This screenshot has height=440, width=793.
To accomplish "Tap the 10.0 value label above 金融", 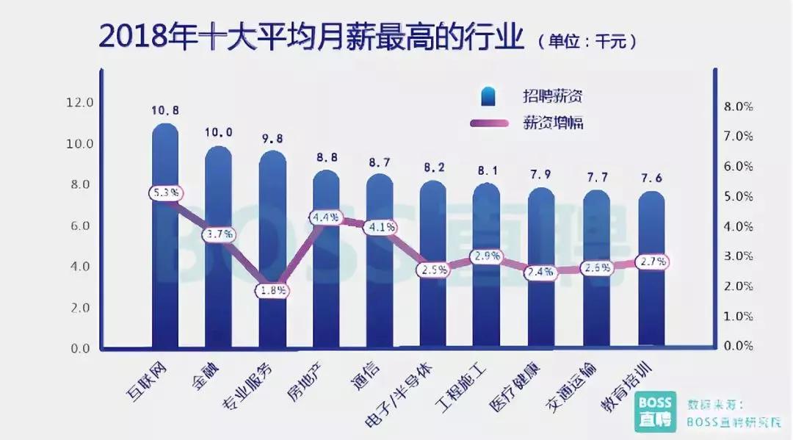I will tap(219, 133).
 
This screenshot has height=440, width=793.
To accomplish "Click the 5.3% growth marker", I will tap(164, 193).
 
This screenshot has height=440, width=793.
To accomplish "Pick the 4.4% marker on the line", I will tap(325, 217).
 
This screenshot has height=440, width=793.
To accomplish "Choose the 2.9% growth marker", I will tap(488, 256).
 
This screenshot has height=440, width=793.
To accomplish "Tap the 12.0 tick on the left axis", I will tap(79, 103).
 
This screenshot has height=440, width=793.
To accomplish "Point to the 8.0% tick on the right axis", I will tap(738, 107).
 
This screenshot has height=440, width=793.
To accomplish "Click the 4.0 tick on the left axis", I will tap(79, 267).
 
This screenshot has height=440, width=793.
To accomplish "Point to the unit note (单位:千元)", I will tap(587, 42).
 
